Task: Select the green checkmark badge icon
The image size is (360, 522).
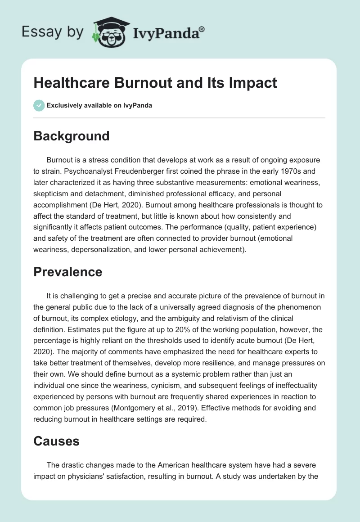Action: pyautogui.click(x=39, y=105)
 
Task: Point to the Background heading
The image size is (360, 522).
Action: pyautogui.click(x=71, y=136)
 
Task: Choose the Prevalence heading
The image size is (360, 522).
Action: pyautogui.click(x=67, y=272)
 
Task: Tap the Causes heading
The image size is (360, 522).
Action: pyautogui.click(x=56, y=441)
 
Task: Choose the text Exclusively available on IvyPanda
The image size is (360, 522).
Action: pyautogui.click(x=99, y=105)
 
